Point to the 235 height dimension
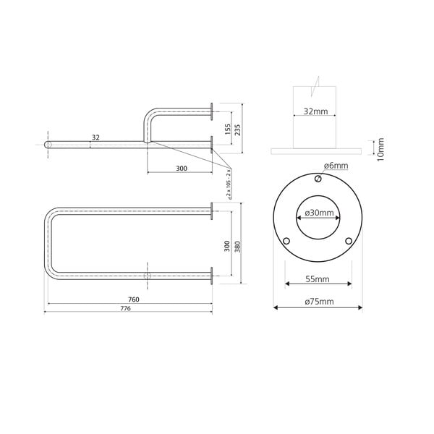(238, 128)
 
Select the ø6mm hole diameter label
(336, 166)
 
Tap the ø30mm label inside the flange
(318, 213)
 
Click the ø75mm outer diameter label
(318, 300)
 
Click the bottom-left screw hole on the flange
(286, 241)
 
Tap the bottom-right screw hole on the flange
(349, 241)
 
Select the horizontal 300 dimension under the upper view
(181, 168)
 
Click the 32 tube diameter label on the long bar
(95, 137)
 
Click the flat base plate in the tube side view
(317, 150)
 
